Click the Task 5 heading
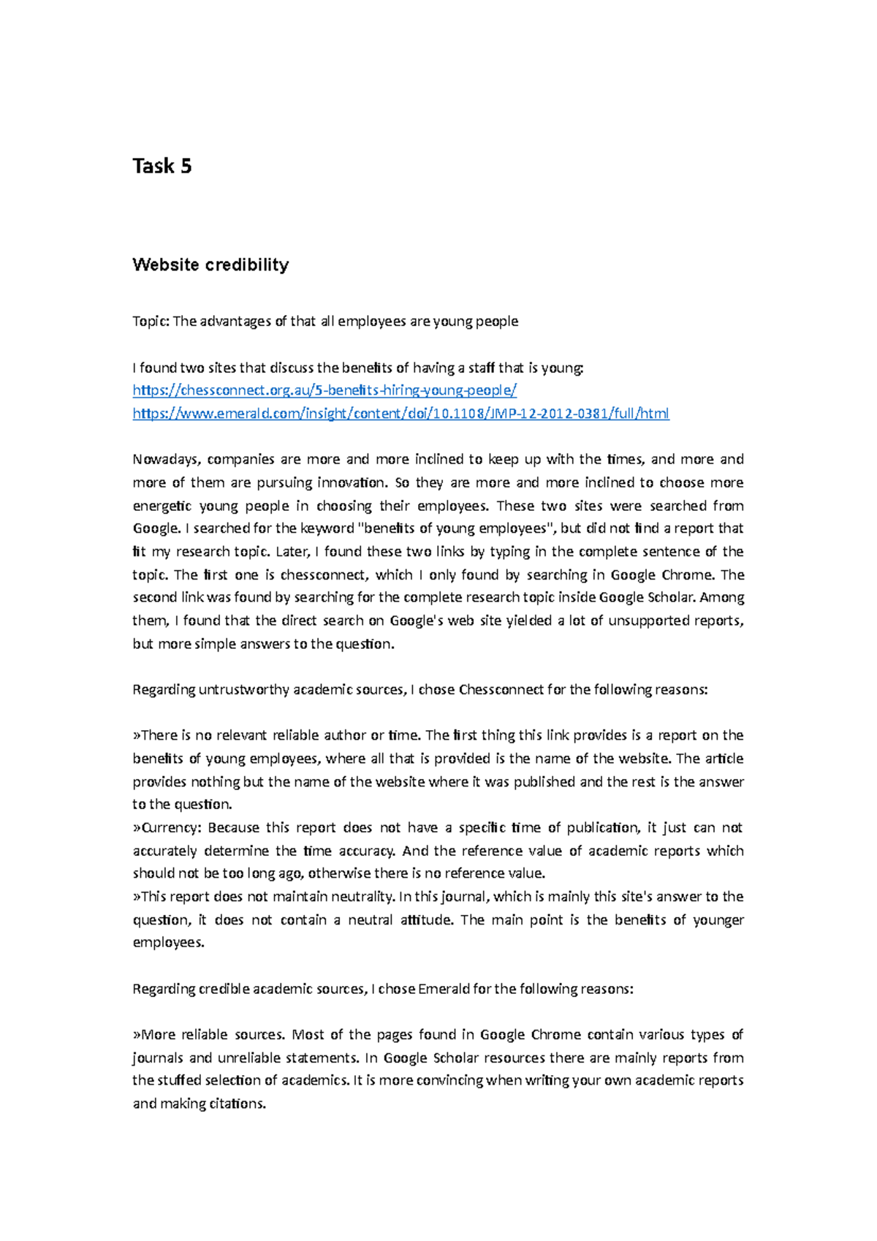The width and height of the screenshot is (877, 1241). (x=162, y=167)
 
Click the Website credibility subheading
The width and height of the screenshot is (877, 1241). (x=210, y=265)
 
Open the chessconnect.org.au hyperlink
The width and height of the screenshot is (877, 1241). (x=324, y=390)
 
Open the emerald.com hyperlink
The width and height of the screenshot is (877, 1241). (x=400, y=414)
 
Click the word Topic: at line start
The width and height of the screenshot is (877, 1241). (x=151, y=322)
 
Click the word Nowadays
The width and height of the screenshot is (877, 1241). (x=165, y=460)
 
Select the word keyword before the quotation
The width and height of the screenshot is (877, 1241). (x=324, y=528)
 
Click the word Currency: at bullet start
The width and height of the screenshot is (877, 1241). (x=168, y=827)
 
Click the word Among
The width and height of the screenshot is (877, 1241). (x=722, y=598)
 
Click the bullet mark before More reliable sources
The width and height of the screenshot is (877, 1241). (x=136, y=1036)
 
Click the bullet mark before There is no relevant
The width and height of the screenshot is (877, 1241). (x=136, y=736)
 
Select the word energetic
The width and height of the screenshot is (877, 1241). (x=162, y=506)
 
